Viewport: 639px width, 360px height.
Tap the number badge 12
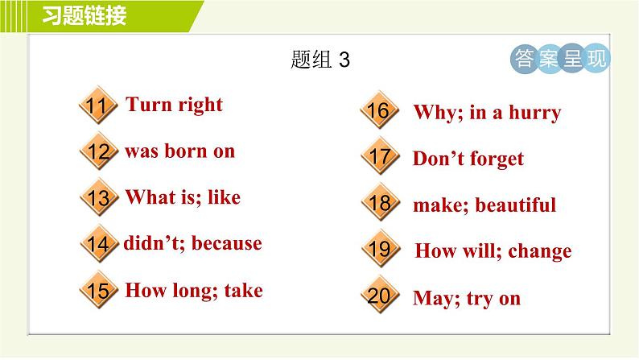click(x=98, y=152)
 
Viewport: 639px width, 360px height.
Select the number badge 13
click(x=98, y=198)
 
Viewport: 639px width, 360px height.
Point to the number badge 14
click(x=98, y=244)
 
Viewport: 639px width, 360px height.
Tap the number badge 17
click(x=379, y=158)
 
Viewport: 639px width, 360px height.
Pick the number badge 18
click(x=379, y=204)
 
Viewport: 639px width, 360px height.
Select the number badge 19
click(x=379, y=250)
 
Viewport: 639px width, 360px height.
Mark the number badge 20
click(x=379, y=296)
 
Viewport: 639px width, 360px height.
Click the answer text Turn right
click(x=175, y=105)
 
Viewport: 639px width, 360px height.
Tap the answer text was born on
click(x=179, y=151)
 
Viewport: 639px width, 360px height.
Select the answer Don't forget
click(x=468, y=159)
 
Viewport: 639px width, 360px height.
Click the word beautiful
click(x=515, y=205)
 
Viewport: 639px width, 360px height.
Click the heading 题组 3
click(x=319, y=60)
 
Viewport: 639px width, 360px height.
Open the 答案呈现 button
click(x=560, y=59)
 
